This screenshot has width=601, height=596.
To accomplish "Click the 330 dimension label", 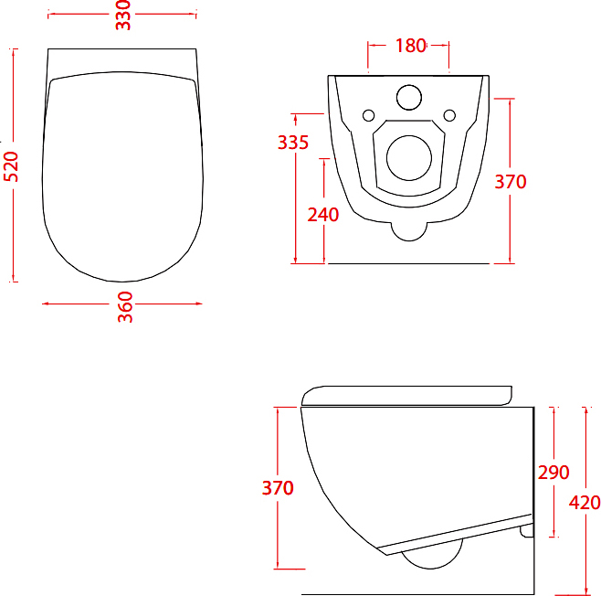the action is coord(123,16).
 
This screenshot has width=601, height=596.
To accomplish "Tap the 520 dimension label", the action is coord(11,166).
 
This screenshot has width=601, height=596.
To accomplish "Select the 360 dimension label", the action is coord(125,307).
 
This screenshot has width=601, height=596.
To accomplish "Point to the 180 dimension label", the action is coord(410,46).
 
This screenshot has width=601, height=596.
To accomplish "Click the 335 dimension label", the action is coord(293,143).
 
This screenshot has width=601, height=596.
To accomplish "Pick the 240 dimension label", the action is coord(323,215).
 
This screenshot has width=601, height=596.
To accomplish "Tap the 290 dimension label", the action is coord(554,473).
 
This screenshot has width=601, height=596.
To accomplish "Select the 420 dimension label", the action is coord(585,503).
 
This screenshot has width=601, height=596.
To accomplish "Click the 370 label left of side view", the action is coord(278,488).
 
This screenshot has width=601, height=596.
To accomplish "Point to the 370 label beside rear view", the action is coord(511,182).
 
